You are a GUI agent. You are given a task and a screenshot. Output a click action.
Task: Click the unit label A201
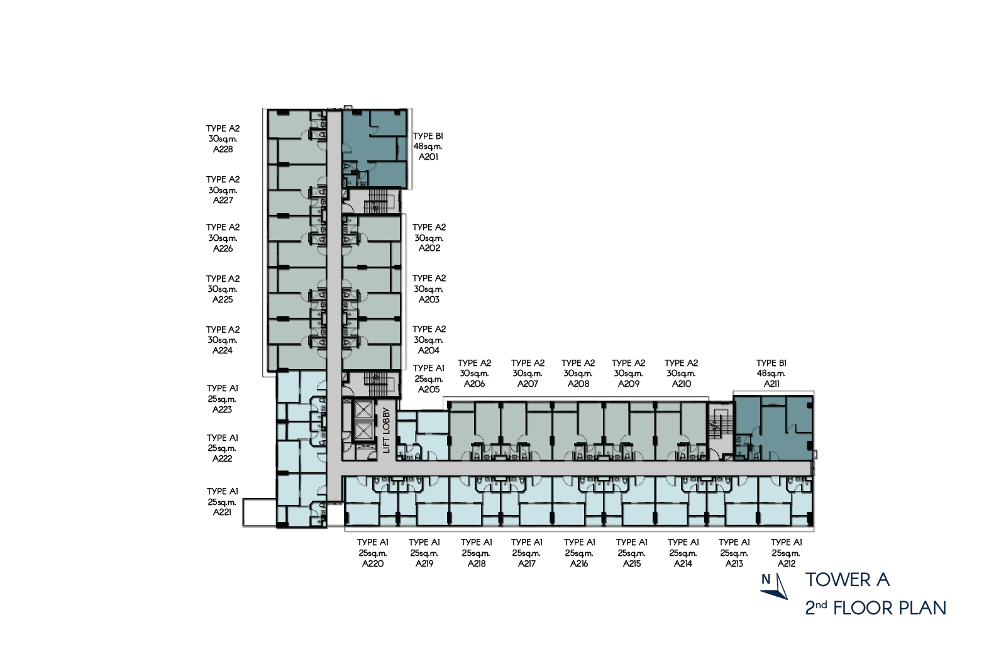(x=428, y=157)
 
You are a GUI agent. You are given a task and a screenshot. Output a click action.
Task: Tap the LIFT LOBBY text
(x=386, y=430)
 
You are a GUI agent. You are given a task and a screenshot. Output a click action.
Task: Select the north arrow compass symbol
(x=774, y=586)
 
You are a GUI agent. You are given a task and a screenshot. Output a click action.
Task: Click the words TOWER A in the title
(x=847, y=579)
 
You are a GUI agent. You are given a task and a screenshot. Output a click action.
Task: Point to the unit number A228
(x=223, y=149)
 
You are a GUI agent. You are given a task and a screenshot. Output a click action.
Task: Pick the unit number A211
(x=771, y=384)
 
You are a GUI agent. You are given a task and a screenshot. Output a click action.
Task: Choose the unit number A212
(x=786, y=563)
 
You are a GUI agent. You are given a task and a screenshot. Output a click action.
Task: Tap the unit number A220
(x=372, y=563)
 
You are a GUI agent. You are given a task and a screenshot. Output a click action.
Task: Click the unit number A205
(x=428, y=389)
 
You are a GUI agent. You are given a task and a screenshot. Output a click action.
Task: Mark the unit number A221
(x=222, y=512)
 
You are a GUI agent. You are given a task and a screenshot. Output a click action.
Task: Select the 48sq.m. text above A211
(x=771, y=374)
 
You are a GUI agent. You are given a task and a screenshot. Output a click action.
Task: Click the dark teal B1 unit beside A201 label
(x=375, y=148)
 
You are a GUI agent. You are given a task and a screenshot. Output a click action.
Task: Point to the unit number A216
(x=579, y=563)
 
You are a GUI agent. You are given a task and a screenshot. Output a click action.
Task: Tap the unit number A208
(x=578, y=384)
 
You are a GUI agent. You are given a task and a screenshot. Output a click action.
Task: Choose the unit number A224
(x=223, y=350)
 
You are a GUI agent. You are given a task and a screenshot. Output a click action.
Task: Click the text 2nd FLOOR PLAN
(x=875, y=607)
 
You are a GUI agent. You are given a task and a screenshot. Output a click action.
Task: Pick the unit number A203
(x=429, y=299)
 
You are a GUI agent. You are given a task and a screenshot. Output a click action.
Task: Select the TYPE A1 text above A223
(x=223, y=388)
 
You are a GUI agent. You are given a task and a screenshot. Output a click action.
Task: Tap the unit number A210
(x=682, y=384)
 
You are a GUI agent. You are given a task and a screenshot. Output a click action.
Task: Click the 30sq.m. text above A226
(x=223, y=238)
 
